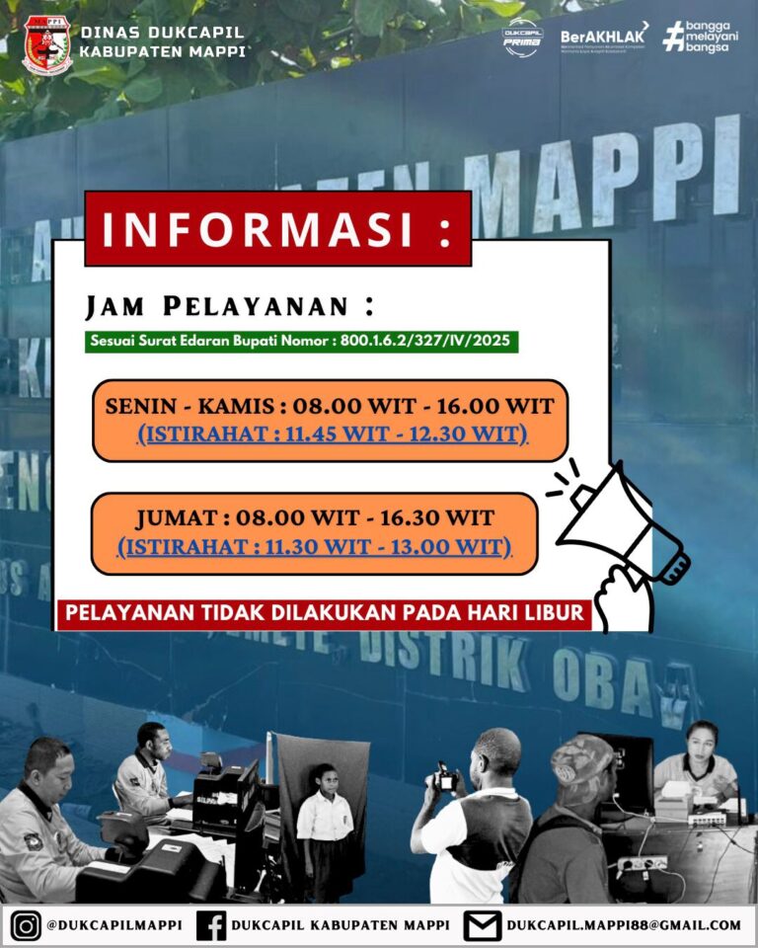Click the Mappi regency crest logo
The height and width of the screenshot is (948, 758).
47,44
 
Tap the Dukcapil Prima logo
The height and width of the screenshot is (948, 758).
522,38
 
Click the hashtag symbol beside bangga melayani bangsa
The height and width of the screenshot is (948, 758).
673,37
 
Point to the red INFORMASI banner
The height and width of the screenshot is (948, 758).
277,229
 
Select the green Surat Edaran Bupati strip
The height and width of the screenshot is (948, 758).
301,342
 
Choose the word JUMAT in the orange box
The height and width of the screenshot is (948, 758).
176,518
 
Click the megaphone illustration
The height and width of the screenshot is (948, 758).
622,533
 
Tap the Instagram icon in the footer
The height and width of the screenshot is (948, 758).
27,926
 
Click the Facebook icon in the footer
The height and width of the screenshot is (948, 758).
211,926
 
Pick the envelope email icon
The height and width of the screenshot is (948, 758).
483,926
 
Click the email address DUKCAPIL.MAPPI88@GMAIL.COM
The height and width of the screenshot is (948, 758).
623,925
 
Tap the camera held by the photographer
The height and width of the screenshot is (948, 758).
445,777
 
